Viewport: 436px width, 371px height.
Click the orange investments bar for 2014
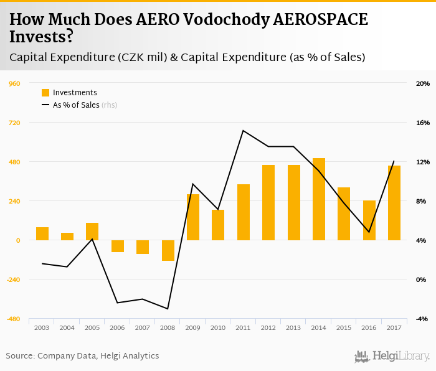(x=319, y=199)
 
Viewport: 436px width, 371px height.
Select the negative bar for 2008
(x=168, y=250)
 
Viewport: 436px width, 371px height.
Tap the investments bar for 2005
(x=92, y=232)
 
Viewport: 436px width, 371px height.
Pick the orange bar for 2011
(x=244, y=212)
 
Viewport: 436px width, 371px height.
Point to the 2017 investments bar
(x=394, y=203)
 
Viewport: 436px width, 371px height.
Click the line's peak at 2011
(x=244, y=130)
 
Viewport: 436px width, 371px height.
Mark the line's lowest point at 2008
(x=168, y=309)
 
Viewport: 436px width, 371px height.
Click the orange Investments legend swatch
(x=45, y=93)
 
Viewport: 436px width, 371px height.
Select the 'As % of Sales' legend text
(x=76, y=105)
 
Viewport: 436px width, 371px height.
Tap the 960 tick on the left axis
(x=14, y=83)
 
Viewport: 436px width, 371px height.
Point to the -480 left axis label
(x=12, y=319)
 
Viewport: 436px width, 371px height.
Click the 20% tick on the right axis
(x=423, y=83)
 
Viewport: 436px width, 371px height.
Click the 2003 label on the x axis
(x=42, y=327)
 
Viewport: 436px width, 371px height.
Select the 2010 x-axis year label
(x=218, y=327)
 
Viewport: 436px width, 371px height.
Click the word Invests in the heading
(x=37, y=37)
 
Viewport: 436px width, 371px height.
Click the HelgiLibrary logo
(x=392, y=356)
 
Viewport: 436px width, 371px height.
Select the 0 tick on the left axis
(x=18, y=240)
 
